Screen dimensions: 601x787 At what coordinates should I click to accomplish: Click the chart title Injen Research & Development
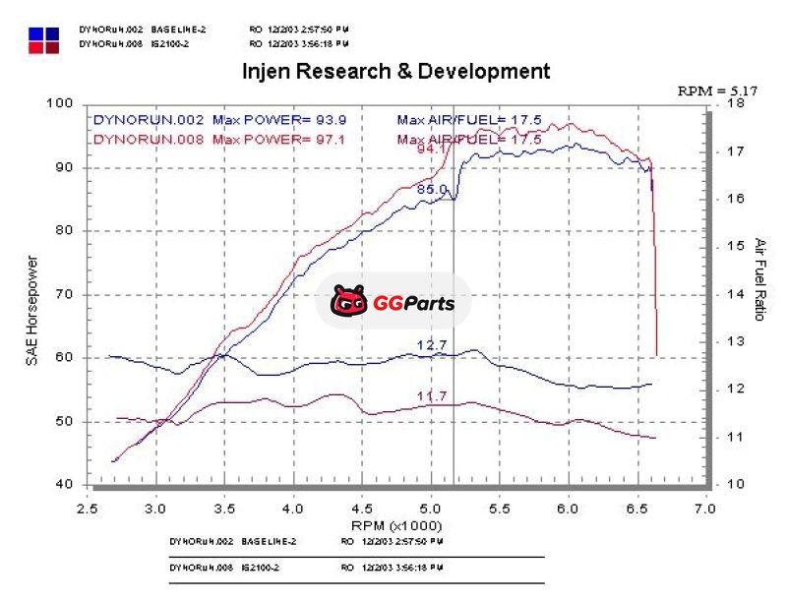tap(395, 72)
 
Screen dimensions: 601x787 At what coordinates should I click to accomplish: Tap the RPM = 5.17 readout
tap(717, 90)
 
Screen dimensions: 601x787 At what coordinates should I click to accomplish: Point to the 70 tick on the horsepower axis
tap(65, 294)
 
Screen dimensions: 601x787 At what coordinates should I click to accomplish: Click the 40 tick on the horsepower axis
tap(65, 484)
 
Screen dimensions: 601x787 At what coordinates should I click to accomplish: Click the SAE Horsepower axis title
tap(31, 311)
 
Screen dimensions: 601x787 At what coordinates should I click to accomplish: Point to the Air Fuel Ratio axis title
tap(759, 279)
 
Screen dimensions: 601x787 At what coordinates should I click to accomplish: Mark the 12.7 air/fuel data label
tap(432, 345)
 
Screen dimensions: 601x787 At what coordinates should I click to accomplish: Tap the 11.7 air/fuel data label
tap(432, 395)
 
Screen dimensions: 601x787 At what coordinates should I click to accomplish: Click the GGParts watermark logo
tap(393, 301)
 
